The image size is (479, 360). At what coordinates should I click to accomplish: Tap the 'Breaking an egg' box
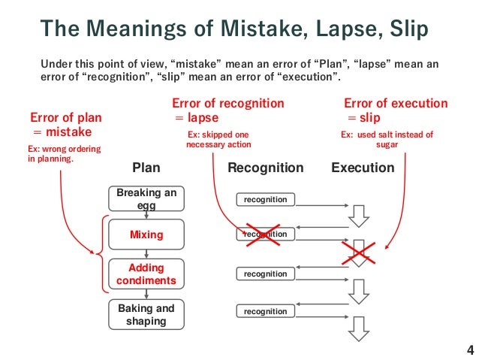pyautogui.click(x=146, y=198)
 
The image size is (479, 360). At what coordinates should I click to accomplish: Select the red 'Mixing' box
pyautogui.click(x=146, y=235)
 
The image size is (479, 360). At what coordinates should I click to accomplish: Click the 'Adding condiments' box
pyautogui.click(x=146, y=274)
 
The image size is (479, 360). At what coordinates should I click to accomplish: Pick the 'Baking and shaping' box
pyautogui.click(x=146, y=314)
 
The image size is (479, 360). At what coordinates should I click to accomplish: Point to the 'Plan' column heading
pyautogui.click(x=146, y=168)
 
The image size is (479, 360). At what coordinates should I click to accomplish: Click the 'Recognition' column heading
pyautogui.click(x=266, y=168)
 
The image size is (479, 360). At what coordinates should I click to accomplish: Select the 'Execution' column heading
pyautogui.click(x=363, y=168)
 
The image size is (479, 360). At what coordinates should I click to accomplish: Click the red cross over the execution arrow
pyautogui.click(x=360, y=253)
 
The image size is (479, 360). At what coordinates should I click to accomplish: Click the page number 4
pyautogui.click(x=470, y=349)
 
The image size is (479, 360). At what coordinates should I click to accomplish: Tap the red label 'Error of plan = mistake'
pyautogui.click(x=65, y=124)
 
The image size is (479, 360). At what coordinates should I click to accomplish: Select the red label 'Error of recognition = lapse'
pyautogui.click(x=228, y=110)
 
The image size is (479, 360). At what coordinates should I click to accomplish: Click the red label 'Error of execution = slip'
pyautogui.click(x=395, y=110)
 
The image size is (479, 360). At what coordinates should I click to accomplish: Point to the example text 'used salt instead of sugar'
pyautogui.click(x=387, y=140)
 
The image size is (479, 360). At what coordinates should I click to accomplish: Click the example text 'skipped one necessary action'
pyautogui.click(x=218, y=140)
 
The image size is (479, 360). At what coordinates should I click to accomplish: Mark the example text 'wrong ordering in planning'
pyautogui.click(x=63, y=154)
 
